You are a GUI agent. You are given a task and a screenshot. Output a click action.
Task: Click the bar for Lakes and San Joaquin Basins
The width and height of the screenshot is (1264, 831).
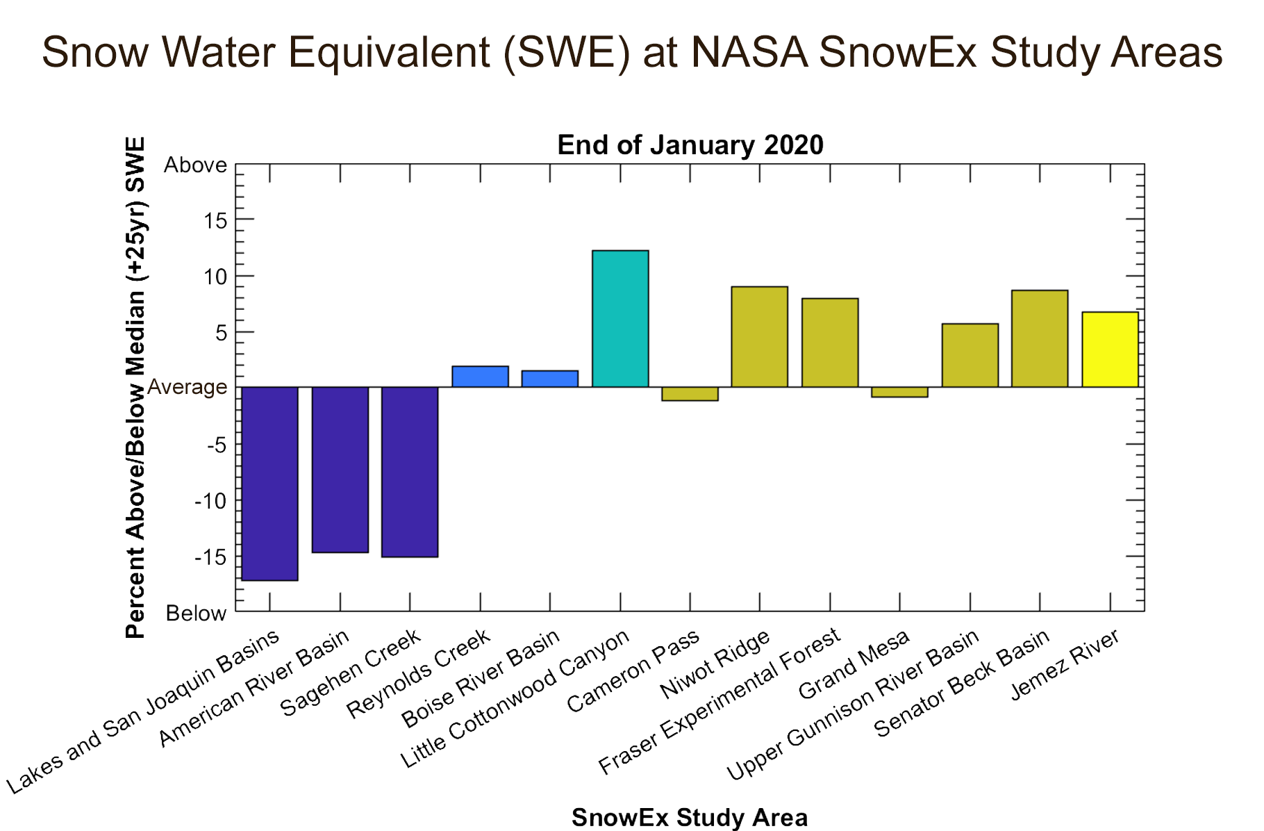pyautogui.click(x=269, y=483)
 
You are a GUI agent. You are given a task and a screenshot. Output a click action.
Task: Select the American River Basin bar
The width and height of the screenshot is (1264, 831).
pyautogui.click(x=340, y=469)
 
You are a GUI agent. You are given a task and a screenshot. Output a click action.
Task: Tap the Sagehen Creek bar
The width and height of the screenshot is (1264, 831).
pyautogui.click(x=410, y=471)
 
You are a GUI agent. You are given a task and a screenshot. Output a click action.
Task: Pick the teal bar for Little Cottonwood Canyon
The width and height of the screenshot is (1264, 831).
pyautogui.click(x=620, y=318)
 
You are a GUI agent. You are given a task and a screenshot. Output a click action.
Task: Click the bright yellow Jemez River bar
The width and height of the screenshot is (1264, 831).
pyautogui.click(x=1110, y=349)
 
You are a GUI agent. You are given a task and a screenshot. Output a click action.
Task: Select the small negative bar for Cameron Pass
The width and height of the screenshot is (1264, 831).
pyautogui.click(x=690, y=394)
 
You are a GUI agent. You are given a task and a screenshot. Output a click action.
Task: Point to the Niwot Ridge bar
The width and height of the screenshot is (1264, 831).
pyautogui.click(x=760, y=336)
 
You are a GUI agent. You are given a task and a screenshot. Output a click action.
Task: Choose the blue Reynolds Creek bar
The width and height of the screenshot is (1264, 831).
pyautogui.click(x=480, y=377)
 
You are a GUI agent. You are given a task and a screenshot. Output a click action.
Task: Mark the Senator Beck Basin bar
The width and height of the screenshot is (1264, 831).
pyautogui.click(x=1040, y=338)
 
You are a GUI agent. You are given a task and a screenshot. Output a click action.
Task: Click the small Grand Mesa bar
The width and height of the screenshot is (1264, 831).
pyautogui.click(x=899, y=392)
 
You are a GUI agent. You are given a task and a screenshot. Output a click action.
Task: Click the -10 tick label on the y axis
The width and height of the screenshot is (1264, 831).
pyautogui.click(x=210, y=502)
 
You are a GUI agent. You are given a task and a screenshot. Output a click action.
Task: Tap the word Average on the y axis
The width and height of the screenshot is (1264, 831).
pyautogui.click(x=188, y=388)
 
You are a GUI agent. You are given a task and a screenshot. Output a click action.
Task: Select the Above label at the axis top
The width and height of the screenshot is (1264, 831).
pyautogui.click(x=195, y=165)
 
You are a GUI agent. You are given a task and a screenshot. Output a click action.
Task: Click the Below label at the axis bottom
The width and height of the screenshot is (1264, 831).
pyautogui.click(x=196, y=614)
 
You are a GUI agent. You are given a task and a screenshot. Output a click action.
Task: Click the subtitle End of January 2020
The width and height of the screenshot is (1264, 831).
pyautogui.click(x=690, y=145)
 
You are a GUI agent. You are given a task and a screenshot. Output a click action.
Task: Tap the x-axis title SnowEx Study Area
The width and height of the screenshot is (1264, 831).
pyautogui.click(x=690, y=818)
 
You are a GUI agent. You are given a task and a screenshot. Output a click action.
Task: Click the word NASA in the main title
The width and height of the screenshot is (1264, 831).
pyautogui.click(x=749, y=52)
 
